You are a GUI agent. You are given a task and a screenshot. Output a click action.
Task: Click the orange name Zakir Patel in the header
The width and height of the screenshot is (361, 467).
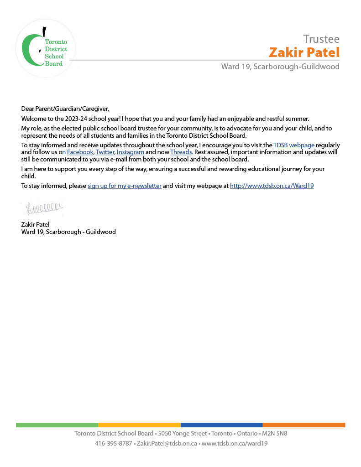click(x=304, y=52)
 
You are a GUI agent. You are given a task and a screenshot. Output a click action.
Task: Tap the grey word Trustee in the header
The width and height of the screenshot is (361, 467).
click(x=321, y=39)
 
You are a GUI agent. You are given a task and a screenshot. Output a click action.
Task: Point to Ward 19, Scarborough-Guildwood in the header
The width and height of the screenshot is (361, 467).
click(x=280, y=67)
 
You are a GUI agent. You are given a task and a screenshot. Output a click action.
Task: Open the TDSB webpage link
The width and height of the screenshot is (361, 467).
click(x=293, y=145)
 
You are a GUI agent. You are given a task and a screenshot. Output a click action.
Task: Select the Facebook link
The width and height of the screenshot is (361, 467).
click(x=80, y=152)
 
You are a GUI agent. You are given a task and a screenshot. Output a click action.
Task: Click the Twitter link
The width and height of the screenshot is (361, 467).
click(x=105, y=152)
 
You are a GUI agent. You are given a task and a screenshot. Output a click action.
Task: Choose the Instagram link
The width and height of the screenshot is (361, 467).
click(x=131, y=152)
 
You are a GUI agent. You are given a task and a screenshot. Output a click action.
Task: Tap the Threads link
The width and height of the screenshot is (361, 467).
click(x=181, y=152)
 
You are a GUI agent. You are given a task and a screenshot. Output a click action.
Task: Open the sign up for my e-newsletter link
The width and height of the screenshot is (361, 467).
click(x=124, y=186)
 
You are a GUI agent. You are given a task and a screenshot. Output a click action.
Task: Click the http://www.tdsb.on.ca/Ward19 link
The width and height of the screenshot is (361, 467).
click(x=272, y=186)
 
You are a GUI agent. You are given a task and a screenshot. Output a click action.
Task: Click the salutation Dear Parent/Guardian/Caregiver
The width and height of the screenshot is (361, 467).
click(x=65, y=109)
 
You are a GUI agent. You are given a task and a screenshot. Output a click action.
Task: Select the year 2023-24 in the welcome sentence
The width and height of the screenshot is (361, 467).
click(x=67, y=119)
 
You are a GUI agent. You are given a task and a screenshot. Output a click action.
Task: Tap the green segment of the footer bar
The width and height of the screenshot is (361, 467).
click(x=57, y=425)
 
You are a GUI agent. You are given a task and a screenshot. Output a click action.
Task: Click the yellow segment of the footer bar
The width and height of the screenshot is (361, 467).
click(x=139, y=425)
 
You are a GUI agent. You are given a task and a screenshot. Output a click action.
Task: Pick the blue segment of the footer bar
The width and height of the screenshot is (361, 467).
click(x=221, y=425)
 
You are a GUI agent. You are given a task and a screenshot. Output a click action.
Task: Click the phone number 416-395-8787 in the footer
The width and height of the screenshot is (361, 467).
click(x=113, y=443)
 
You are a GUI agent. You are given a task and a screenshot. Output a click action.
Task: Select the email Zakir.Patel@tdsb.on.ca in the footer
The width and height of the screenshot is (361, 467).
click(x=167, y=443)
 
